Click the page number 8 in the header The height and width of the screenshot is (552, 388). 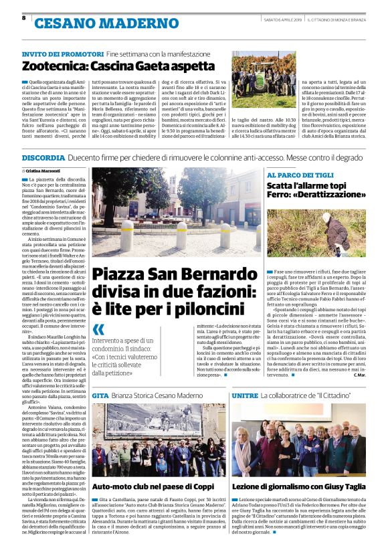(x=23, y=17)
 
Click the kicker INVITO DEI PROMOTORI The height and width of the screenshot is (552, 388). (x=62, y=53)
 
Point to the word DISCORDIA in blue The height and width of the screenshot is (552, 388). (x=43, y=157)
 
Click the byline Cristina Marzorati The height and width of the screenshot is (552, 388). (x=49, y=172)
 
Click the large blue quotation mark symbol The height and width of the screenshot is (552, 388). (x=99, y=329)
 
